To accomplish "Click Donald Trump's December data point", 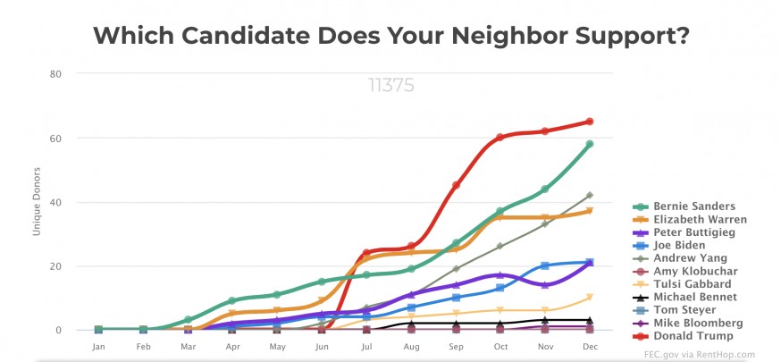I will pyautogui.click(x=590, y=122).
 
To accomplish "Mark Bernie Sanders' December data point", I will pyautogui.click(x=590, y=144).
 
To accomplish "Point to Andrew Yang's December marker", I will pyautogui.click(x=590, y=195).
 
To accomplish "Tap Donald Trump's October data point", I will pyautogui.click(x=500, y=138).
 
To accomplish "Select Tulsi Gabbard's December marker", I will pyautogui.click(x=590, y=298).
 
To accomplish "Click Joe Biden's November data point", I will pyautogui.click(x=545, y=265).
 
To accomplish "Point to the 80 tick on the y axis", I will pyautogui.click(x=55, y=73).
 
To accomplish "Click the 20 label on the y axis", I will pyautogui.click(x=55, y=266).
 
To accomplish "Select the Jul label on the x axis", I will pyautogui.click(x=366, y=346).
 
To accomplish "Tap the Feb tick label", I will pyautogui.click(x=143, y=346).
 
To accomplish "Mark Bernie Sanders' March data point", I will pyautogui.click(x=188, y=320).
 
